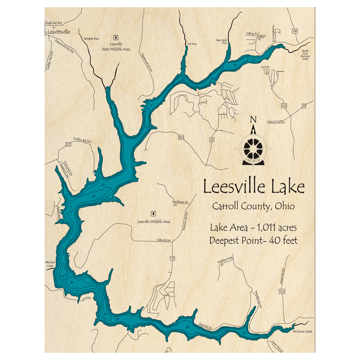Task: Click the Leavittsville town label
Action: pyautogui.click(x=58, y=32)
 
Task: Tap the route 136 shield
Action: pyautogui.click(x=295, y=31)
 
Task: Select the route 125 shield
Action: pyautogui.click(x=284, y=105)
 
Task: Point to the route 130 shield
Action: pyautogui.click(x=181, y=138)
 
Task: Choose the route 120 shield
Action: pyautogui.click(x=282, y=291)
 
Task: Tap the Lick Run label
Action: pyautogui.click(x=192, y=44)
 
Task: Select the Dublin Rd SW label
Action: pyautogui.click(x=82, y=140)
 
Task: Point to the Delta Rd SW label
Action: pyautogui.click(x=164, y=240)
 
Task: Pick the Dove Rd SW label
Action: pyautogui.click(x=205, y=326)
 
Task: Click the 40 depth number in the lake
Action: pyautogui.click(x=63, y=276)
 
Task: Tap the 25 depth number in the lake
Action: pyautogui.click(x=94, y=197)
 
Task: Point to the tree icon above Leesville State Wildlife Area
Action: pyautogui.click(x=116, y=37)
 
